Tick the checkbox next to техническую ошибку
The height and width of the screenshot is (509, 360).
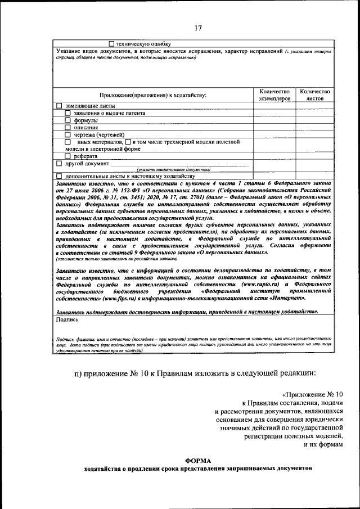pyautogui.click(x=111, y=43)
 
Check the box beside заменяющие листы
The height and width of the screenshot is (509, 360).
pyautogui.click(x=60, y=106)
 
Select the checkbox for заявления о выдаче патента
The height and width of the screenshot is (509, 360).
pyautogui.click(x=68, y=113)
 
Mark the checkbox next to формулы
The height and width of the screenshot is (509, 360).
pyautogui.click(x=68, y=120)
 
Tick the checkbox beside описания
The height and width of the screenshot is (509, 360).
pyautogui.click(x=68, y=127)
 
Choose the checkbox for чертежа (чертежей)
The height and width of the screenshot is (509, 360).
pyautogui.click(x=68, y=134)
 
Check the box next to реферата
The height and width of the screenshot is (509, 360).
pyautogui.click(x=68, y=156)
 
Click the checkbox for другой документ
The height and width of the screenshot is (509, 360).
pyautogui.click(x=60, y=163)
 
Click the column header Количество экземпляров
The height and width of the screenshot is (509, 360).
pyautogui.click(x=274, y=94)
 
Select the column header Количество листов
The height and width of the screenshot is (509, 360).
pyautogui.click(x=314, y=94)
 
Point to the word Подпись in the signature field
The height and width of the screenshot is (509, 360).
pyautogui.click(x=67, y=319)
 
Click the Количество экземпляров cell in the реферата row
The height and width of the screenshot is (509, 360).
pyautogui.click(x=274, y=156)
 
